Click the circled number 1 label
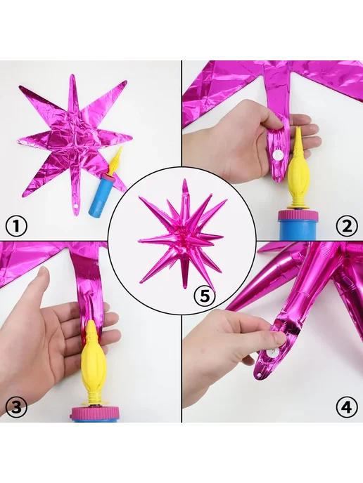coord(17,226)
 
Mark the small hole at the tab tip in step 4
coord(260,375)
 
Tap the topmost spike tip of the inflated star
coord(184,180)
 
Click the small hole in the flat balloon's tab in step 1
coord(76,205)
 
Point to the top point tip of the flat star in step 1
coord(72,75)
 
